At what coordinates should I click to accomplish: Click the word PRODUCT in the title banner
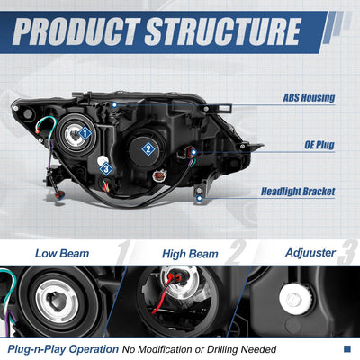pyautogui.click(x=76, y=31)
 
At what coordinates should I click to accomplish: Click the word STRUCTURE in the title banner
pyautogui.click(x=222, y=31)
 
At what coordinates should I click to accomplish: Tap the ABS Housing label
pyautogui.click(x=309, y=98)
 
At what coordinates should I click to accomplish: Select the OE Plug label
pyautogui.click(x=319, y=145)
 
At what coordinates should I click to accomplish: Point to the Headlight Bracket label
pyautogui.click(x=298, y=192)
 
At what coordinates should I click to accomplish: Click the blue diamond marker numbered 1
pyautogui.click(x=85, y=133)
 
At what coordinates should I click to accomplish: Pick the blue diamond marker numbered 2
pyautogui.click(x=148, y=149)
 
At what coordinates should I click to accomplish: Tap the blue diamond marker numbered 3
pyautogui.click(x=106, y=169)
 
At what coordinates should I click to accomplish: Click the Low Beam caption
pyautogui.click(x=62, y=254)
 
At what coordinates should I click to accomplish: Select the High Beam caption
pyautogui.click(x=190, y=254)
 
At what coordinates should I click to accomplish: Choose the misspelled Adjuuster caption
pyautogui.click(x=310, y=253)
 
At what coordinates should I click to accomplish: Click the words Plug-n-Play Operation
pyautogui.click(x=63, y=349)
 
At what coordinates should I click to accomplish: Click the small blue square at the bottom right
pyautogui.click(x=347, y=349)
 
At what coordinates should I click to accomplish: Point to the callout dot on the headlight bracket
pyautogui.click(x=199, y=198)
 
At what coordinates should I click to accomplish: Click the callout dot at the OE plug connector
pyautogui.click(x=193, y=152)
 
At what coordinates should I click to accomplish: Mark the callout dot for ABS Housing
pyautogui.click(x=114, y=105)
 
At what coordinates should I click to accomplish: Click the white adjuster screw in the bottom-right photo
pyautogui.click(x=292, y=298)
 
